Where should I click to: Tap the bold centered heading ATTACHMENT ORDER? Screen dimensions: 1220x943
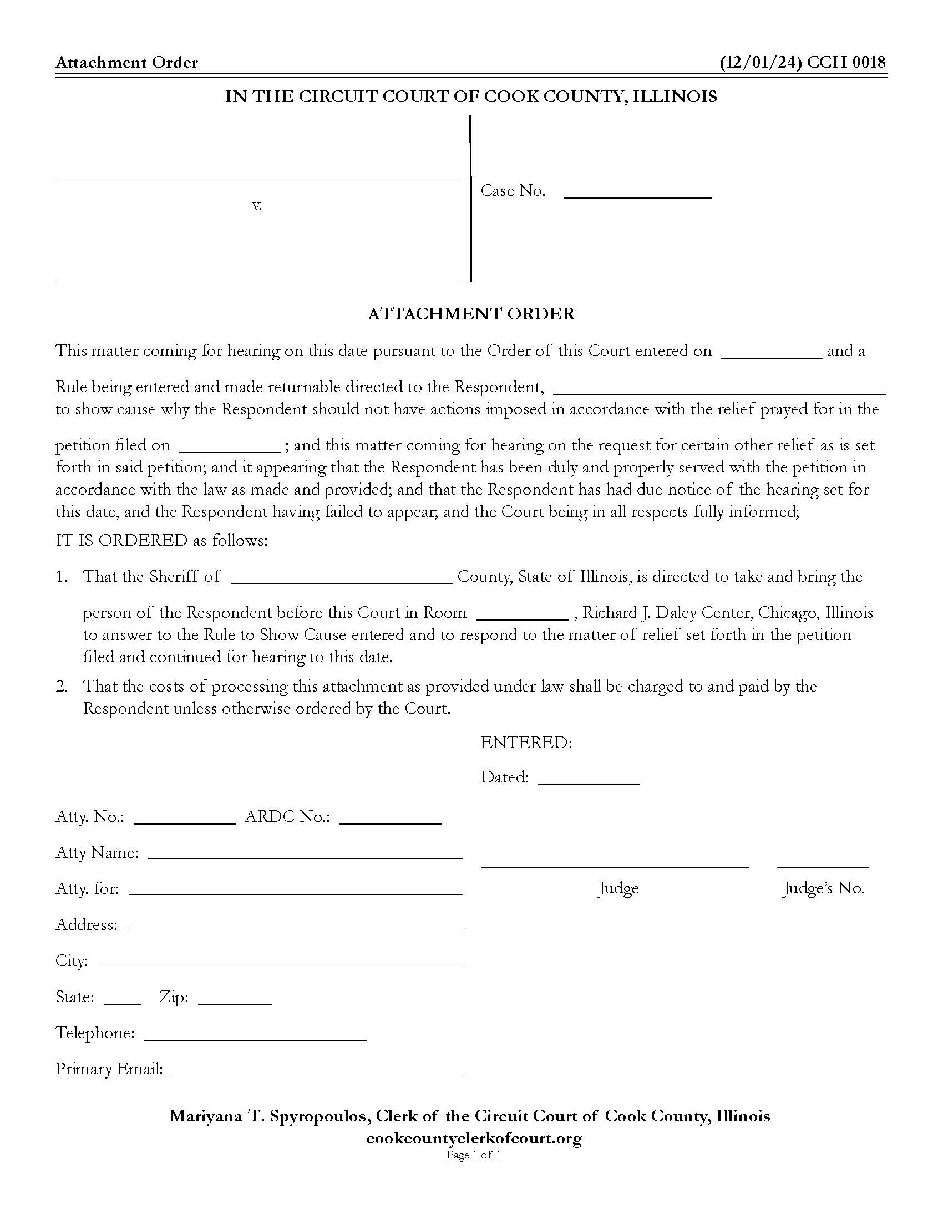point(471,314)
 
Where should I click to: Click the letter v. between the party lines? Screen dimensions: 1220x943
point(256,206)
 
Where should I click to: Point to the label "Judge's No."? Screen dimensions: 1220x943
point(823,888)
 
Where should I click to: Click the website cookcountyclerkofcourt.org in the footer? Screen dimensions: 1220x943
point(473,1138)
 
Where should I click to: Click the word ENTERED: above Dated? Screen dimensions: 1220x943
point(526,743)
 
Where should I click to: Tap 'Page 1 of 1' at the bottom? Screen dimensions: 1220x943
point(474,1155)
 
